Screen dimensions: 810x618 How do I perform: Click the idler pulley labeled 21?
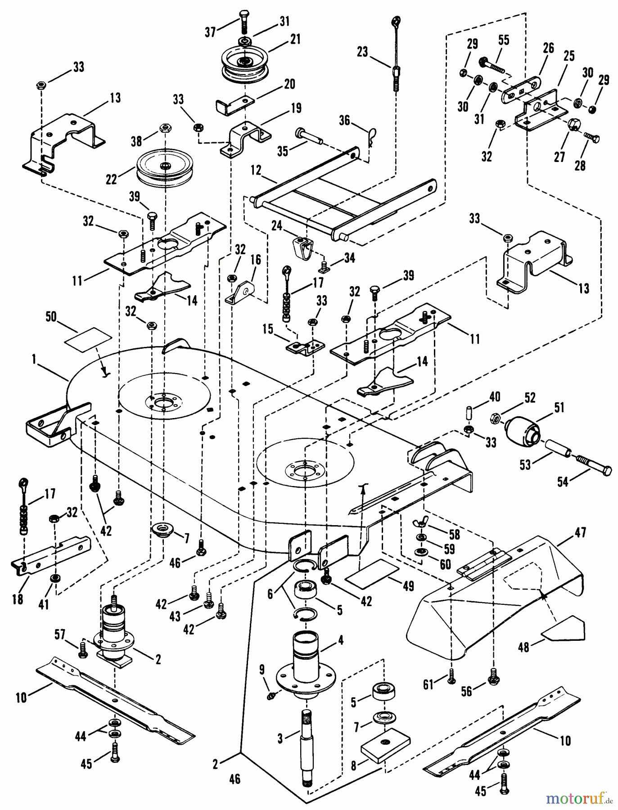pos(243,63)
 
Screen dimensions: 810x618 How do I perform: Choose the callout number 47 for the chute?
pos(580,532)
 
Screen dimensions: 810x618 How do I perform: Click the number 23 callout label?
pos(362,52)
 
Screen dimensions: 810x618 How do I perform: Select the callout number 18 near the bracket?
pos(18,600)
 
